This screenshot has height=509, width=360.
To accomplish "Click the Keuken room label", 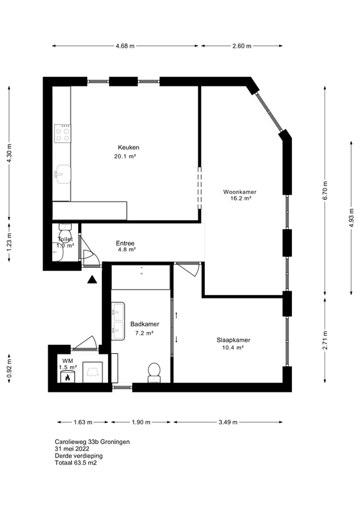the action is (128, 148).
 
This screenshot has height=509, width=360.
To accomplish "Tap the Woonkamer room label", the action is (240, 192).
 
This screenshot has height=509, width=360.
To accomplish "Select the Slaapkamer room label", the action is (233, 340).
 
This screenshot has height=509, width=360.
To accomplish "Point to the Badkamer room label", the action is (145, 324).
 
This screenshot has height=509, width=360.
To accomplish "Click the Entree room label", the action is (125, 243).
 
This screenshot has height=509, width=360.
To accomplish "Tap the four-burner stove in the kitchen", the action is (62, 134).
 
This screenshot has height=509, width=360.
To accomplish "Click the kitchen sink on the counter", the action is (63, 174).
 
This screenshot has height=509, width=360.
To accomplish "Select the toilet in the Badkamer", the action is (154, 373).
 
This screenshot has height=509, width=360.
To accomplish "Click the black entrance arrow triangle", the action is (92, 279).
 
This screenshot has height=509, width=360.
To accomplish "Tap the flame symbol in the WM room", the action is (68, 377).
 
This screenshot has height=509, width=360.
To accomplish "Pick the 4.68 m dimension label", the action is (125, 46).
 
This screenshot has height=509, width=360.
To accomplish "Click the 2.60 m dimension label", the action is (242, 46).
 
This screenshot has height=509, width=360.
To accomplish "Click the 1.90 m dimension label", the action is (141, 422).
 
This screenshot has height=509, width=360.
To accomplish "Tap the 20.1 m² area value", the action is (125, 156).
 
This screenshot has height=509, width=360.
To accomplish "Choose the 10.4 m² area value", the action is (233, 347).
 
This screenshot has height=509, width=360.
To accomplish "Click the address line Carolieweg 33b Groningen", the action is (92, 442).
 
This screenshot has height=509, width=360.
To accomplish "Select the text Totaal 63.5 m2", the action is (76, 463).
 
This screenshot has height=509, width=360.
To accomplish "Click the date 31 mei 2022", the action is (72, 449).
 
